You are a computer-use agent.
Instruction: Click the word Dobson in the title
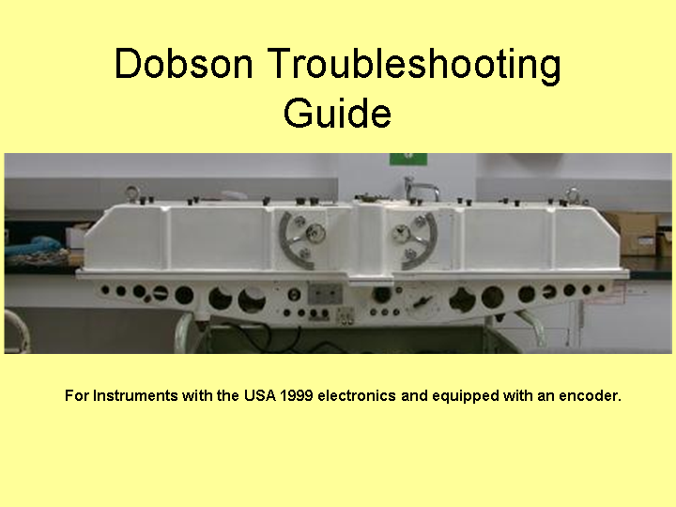(184, 63)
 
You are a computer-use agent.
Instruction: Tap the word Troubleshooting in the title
(415, 65)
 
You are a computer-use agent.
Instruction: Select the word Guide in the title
(338, 112)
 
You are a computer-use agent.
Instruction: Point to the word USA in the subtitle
(260, 395)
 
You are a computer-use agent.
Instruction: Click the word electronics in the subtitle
(357, 395)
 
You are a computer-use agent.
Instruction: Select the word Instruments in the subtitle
(135, 395)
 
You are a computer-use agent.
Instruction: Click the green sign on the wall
(408, 159)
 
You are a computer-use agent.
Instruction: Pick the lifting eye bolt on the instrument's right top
(573, 195)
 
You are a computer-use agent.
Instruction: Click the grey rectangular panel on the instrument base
(325, 293)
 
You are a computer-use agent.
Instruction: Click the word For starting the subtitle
(77, 395)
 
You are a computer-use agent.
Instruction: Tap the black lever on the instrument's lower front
(422, 301)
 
